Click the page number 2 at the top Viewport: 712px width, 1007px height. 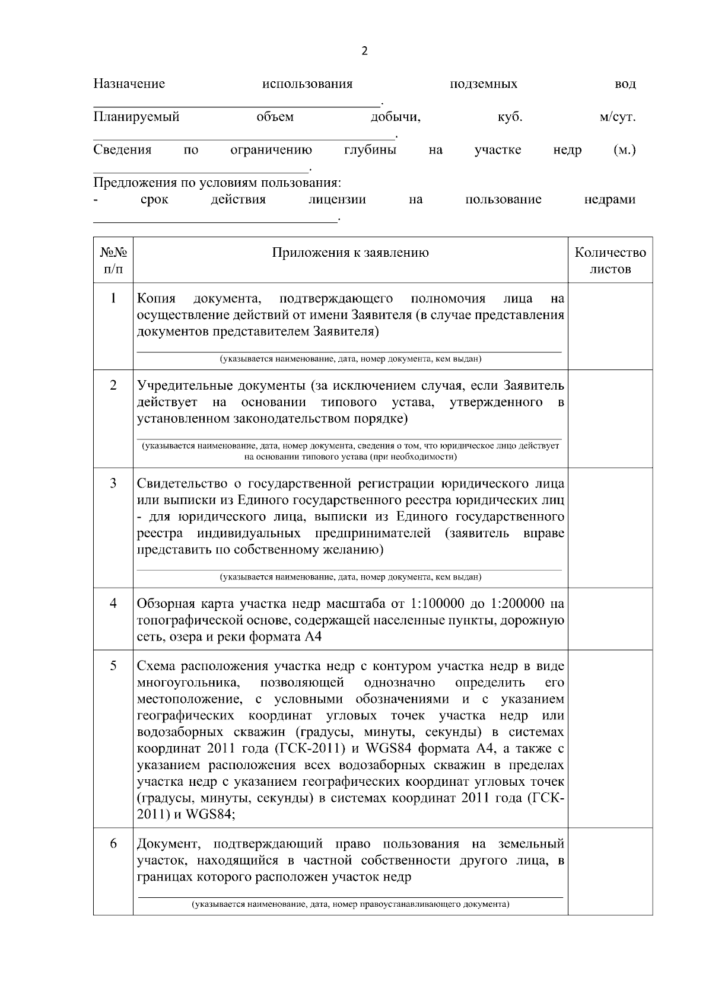click(x=364, y=51)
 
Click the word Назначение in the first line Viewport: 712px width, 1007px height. click(x=129, y=84)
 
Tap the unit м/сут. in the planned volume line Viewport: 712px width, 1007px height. click(x=617, y=117)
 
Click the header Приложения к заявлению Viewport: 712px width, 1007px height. click(x=350, y=253)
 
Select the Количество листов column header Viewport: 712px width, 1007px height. click(x=610, y=261)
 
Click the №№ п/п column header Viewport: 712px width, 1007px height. click(x=113, y=261)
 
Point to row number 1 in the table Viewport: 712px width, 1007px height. click(x=113, y=298)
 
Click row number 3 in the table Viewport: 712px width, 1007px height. click(x=113, y=483)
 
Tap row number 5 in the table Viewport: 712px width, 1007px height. click(x=113, y=665)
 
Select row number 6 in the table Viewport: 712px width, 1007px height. click(x=113, y=844)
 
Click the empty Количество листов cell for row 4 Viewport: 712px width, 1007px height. click(x=610, y=619)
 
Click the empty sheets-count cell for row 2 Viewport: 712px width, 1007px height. click(x=610, y=418)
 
